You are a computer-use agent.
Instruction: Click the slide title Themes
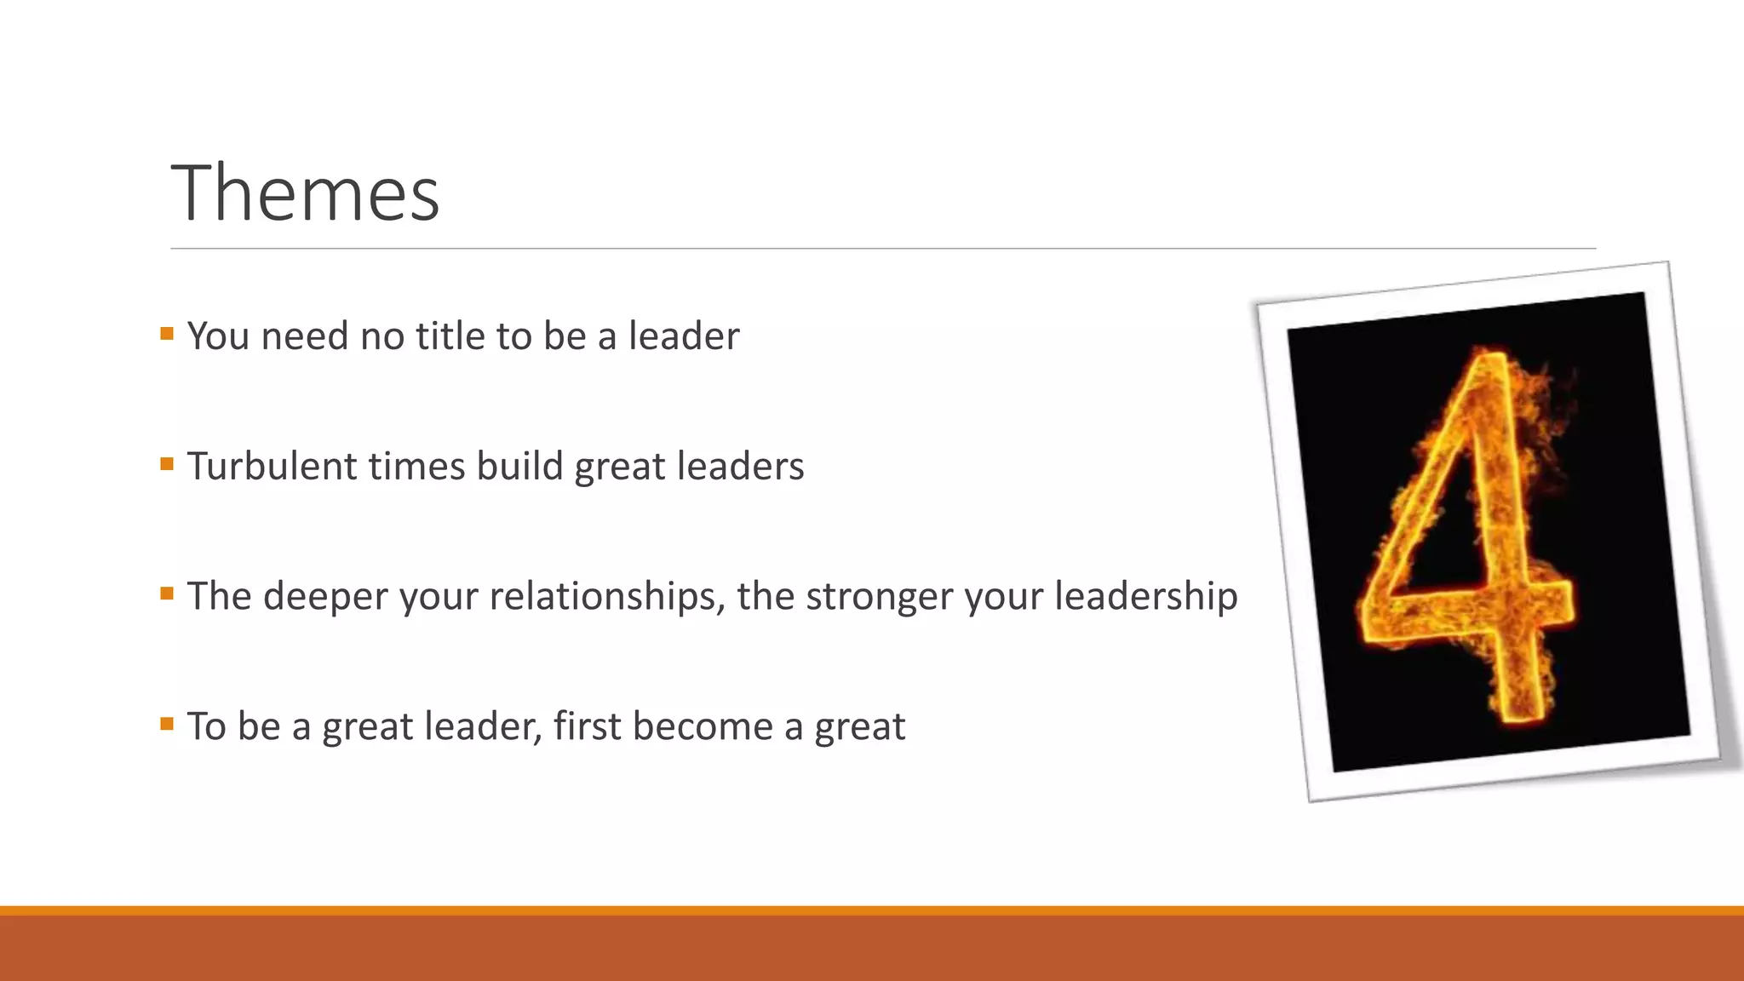305,193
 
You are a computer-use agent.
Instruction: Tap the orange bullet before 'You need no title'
167,333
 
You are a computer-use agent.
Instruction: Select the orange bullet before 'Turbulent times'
167,464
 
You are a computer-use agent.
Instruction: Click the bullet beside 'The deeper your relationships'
167,594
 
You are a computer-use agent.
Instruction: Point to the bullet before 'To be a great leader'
167,725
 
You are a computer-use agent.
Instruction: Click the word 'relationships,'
607,596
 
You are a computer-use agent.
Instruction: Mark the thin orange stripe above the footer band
872,910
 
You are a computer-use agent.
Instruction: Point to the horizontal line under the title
882,249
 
